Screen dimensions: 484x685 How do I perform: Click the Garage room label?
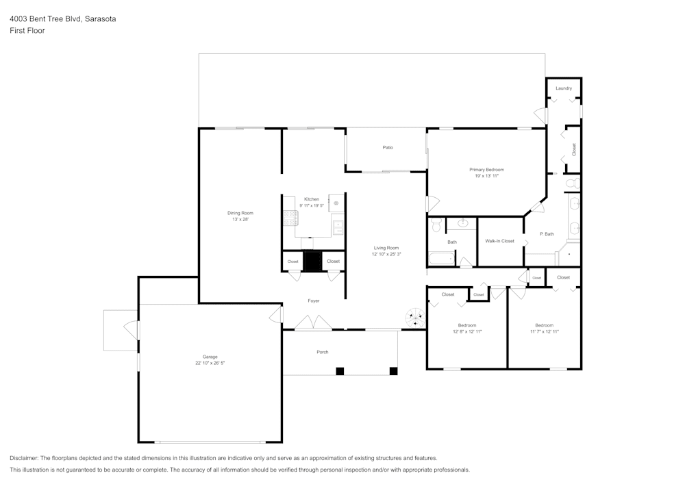point(210,357)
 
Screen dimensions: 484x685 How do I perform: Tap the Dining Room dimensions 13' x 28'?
point(240,219)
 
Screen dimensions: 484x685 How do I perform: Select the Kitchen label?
point(312,199)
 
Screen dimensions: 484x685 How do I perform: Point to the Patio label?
point(388,147)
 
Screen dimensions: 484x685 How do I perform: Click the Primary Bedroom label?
point(486,169)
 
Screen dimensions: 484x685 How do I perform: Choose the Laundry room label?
point(563,88)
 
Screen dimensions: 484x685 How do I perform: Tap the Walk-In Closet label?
point(499,241)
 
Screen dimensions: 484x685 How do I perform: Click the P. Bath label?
point(547,234)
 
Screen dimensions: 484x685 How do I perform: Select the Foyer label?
point(314,301)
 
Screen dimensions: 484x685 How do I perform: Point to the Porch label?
point(322,352)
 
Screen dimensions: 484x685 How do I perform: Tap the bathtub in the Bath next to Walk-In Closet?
point(441,258)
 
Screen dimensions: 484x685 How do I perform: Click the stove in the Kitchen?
point(290,218)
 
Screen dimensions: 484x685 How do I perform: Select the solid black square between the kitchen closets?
point(313,262)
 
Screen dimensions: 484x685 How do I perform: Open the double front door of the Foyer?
point(314,322)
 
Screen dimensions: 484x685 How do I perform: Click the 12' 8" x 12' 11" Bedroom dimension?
point(467,331)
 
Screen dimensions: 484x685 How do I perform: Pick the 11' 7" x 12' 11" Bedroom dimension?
point(544,331)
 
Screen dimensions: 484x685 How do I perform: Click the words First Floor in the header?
point(27,31)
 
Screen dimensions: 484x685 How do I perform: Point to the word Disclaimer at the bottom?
point(24,458)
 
